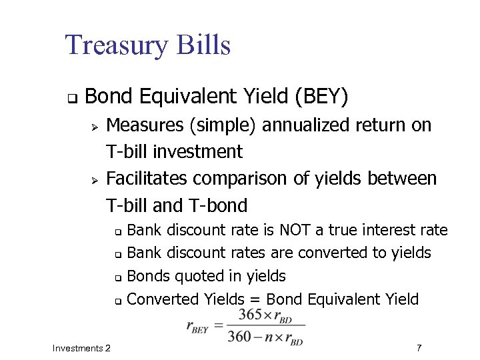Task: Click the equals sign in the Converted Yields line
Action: (247, 299)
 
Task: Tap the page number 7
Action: (418, 348)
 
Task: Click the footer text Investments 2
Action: (81, 348)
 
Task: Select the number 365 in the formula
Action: (251, 314)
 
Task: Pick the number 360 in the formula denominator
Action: (240, 337)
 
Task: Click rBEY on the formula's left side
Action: (198, 326)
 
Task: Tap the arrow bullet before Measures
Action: (95, 126)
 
